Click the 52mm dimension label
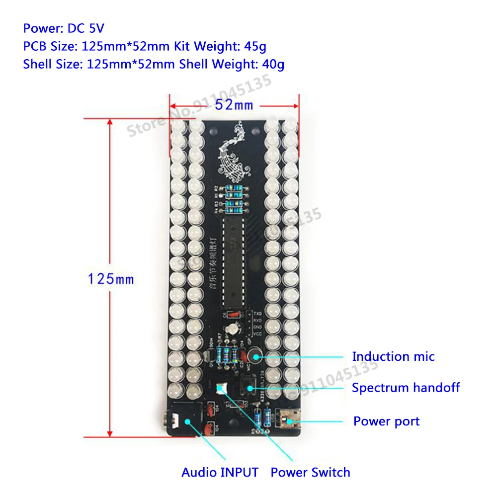[235, 105]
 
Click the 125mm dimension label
[111, 279]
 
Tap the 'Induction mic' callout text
[393, 356]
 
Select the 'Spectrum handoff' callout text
[406, 388]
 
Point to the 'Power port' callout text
[386, 421]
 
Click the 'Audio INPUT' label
[220, 472]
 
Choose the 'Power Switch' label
[310, 472]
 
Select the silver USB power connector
[288, 418]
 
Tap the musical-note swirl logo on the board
[234, 154]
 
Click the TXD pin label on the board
[257, 315]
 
